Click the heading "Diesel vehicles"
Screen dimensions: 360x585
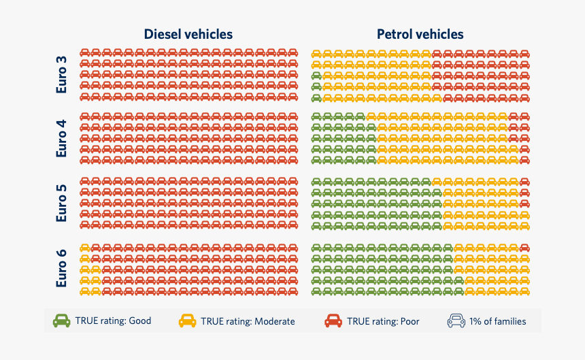click(x=188, y=34)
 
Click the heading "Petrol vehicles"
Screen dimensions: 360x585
click(x=420, y=34)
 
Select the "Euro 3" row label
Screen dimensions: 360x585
click(x=62, y=74)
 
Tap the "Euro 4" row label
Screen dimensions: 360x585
click(x=62, y=138)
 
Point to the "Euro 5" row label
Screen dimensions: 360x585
click(x=62, y=203)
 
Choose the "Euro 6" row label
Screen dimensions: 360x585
click(x=62, y=267)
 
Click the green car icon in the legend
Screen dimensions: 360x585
click(x=62, y=321)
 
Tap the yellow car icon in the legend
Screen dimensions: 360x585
click(x=187, y=321)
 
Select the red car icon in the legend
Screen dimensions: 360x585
click(x=333, y=321)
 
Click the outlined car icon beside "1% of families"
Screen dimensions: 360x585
click(x=456, y=321)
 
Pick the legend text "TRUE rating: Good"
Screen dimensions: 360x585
click(x=113, y=321)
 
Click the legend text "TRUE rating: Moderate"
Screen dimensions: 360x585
click(x=248, y=321)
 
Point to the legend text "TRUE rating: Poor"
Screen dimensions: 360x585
click(x=383, y=321)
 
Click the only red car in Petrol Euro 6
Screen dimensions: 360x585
click(x=524, y=248)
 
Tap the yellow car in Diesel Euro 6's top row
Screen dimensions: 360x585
click(x=85, y=248)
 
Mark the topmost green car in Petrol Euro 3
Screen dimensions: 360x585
click(x=316, y=75)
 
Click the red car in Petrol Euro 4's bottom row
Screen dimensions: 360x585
click(x=524, y=160)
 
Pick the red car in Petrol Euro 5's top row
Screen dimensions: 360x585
click(x=524, y=182)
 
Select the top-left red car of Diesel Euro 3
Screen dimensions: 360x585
click(x=85, y=52)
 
